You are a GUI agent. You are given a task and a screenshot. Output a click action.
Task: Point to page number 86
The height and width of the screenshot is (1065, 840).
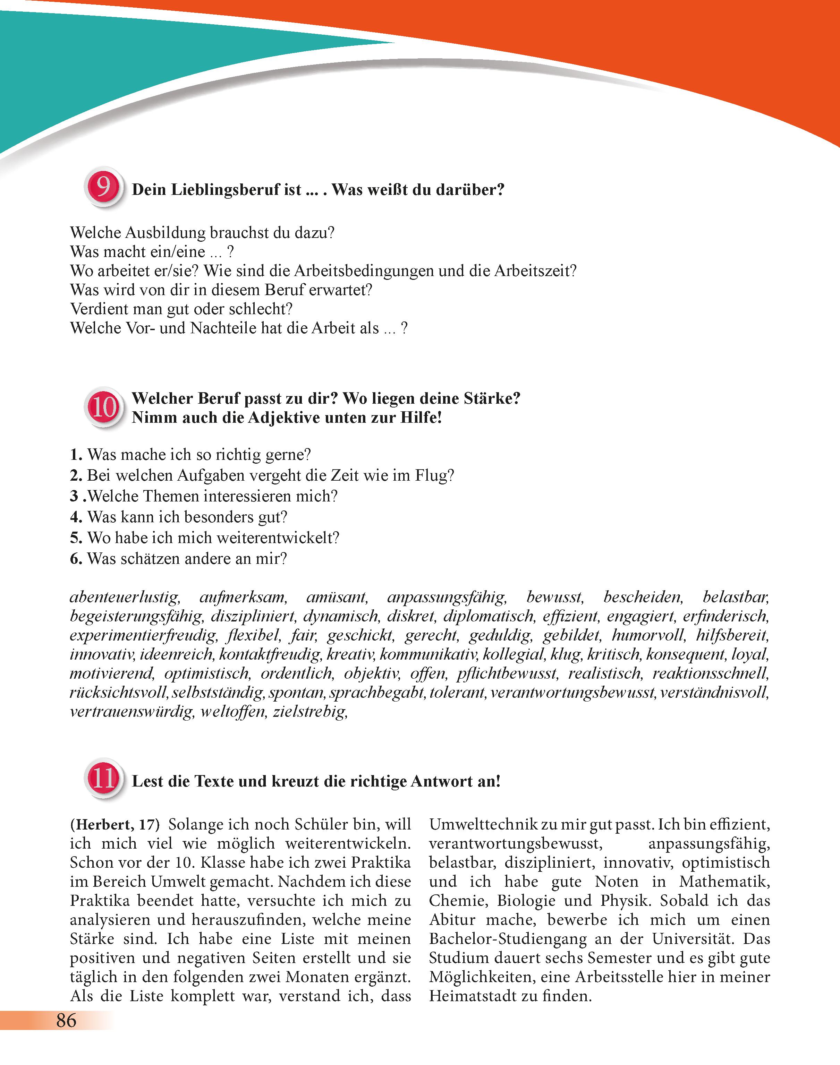pyautogui.click(x=66, y=1021)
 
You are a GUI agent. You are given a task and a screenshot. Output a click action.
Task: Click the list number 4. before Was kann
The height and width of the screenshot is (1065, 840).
pyautogui.click(x=76, y=517)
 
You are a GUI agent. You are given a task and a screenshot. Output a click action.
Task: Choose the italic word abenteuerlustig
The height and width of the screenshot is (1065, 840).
pyautogui.click(x=125, y=598)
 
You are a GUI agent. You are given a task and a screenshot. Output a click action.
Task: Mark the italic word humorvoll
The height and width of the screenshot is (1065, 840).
pyautogui.click(x=648, y=635)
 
